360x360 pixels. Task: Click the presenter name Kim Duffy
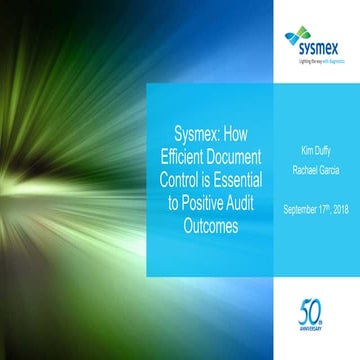tap(319, 150)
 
